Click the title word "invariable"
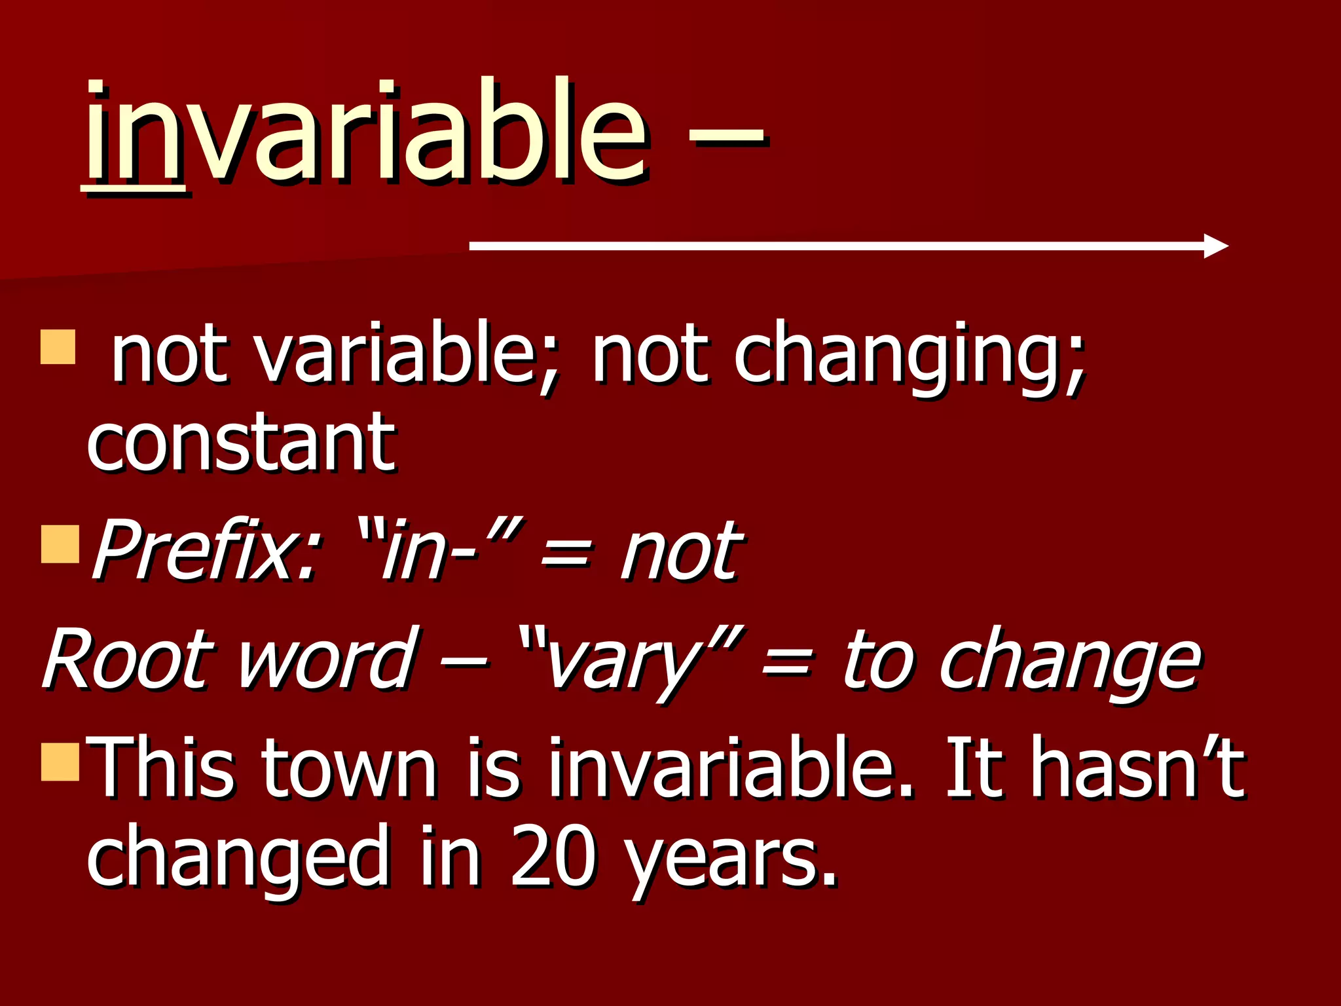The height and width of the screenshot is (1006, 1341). point(367,134)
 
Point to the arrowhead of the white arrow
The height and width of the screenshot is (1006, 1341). point(1217,246)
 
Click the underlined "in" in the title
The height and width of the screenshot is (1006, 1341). point(134,134)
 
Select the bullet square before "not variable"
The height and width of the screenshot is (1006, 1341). point(58,347)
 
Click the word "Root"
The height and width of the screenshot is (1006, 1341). point(128,658)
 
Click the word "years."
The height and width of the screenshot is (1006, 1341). point(730,858)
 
